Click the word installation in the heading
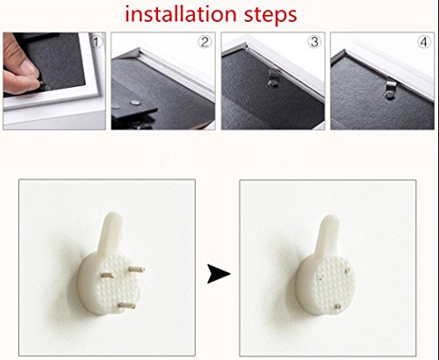click(181, 14)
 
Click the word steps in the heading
click(270, 15)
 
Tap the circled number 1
click(97, 41)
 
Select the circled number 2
click(205, 42)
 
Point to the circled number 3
click(314, 42)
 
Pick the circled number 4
click(424, 42)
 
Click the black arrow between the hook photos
click(219, 274)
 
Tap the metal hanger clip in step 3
click(273, 77)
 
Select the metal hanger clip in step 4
click(390, 88)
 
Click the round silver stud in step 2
click(135, 103)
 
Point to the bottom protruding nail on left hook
click(126, 306)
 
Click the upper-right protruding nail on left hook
click(136, 269)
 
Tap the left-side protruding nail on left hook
click(108, 275)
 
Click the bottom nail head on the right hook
click(338, 306)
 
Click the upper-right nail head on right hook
click(347, 270)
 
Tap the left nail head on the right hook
click(320, 277)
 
